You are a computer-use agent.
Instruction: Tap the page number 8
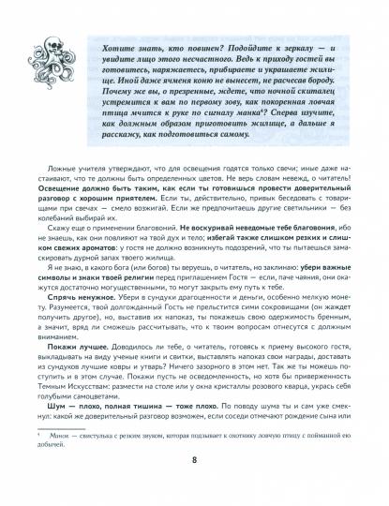194,486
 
